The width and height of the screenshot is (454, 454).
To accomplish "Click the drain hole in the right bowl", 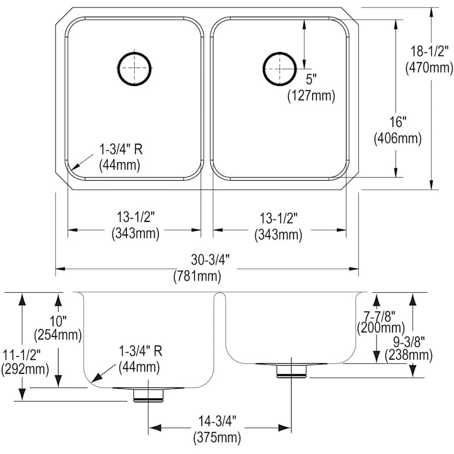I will point(279,68).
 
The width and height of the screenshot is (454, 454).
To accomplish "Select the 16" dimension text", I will point(398,122).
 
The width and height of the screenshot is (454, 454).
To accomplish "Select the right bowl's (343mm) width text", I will point(278,234).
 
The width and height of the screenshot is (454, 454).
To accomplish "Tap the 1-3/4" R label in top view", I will point(120,149).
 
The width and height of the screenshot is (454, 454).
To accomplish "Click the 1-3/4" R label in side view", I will point(140,352).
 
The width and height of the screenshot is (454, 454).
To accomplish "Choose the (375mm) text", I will point(216,436).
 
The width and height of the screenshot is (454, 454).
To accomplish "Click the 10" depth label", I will point(58,320).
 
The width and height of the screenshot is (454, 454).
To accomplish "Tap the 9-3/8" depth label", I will point(409,342).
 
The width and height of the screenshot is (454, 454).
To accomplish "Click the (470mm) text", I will point(429,67).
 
